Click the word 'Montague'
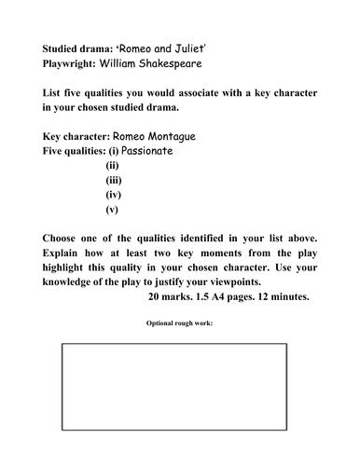tap(191, 135)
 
